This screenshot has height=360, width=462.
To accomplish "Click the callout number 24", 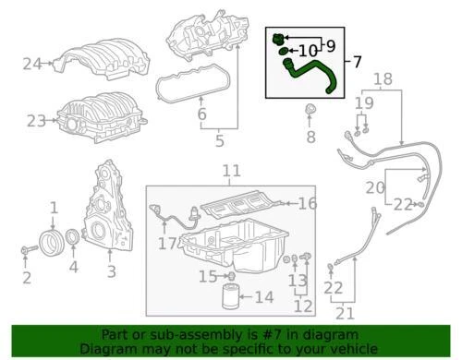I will click(33, 64).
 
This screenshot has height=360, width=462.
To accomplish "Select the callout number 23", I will click(36, 120).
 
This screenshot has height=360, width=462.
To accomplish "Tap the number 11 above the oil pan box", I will click(231, 172).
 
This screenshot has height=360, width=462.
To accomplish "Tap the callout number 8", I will click(310, 138).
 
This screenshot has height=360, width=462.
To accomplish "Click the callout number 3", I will click(111, 271).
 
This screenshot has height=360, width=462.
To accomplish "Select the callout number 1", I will click(54, 209).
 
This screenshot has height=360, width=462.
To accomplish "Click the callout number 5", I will click(220, 142).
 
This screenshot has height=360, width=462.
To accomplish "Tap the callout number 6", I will click(201, 115).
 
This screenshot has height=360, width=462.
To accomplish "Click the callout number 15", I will click(208, 275).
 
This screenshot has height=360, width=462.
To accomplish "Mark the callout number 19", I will click(365, 103).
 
